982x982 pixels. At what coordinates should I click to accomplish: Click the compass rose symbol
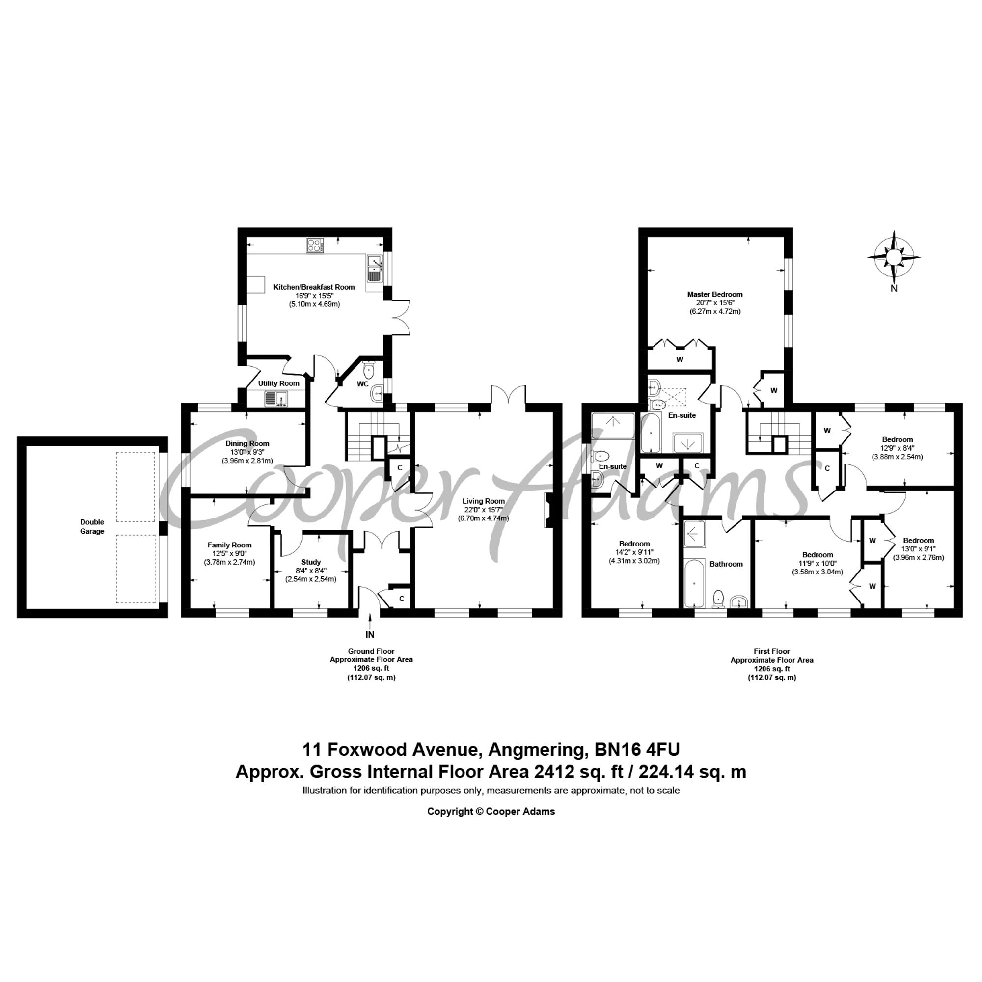[x=894, y=257]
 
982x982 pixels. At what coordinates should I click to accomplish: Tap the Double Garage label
[x=92, y=526]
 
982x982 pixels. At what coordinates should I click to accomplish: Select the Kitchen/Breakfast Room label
[x=314, y=287]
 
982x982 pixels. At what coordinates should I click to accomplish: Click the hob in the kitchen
[x=315, y=246]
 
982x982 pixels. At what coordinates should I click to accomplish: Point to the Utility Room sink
[x=276, y=398]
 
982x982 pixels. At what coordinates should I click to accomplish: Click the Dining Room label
[x=247, y=443]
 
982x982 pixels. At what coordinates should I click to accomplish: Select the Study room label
[x=311, y=562]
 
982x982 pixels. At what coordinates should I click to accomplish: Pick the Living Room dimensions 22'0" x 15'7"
[x=483, y=510]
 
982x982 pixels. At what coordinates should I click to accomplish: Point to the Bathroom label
[x=726, y=564]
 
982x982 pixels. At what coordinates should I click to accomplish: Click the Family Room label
[x=229, y=545]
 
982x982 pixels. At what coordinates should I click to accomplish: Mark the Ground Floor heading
[x=371, y=651]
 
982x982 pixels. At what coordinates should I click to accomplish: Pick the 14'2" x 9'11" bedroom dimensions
[x=634, y=552]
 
